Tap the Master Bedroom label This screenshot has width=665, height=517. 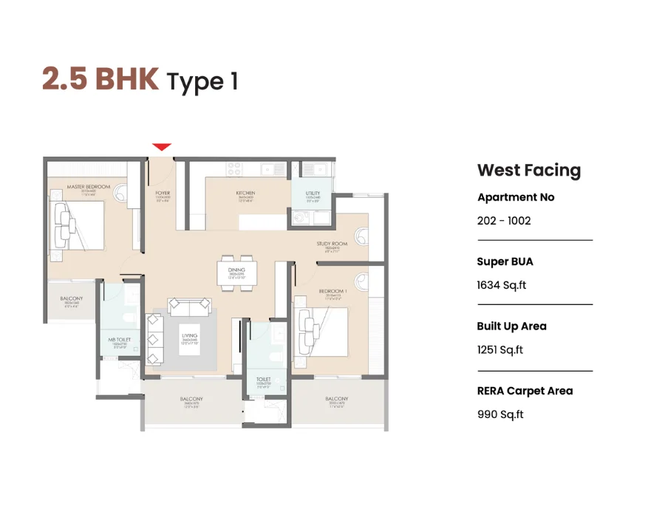tap(88, 187)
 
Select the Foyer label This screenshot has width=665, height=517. tap(163, 194)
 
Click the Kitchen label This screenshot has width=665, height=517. tap(245, 194)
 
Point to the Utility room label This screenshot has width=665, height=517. tap(313, 194)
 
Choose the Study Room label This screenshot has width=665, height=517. tap(332, 244)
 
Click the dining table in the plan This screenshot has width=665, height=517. tap(237, 273)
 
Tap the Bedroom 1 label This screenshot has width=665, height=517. tap(332, 291)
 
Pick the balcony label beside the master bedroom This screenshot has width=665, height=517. tap(72, 299)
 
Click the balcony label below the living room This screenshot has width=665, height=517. tap(191, 399)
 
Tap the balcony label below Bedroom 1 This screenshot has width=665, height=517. tap(336, 399)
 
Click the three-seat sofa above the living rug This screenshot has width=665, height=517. tap(190, 305)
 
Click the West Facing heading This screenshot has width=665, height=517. tap(529, 170)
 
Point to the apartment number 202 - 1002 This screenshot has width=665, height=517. tap(504, 220)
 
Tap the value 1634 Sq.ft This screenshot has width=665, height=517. tap(502, 285)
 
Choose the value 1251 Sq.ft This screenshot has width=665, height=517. tap(500, 349)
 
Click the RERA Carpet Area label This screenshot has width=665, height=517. tap(525, 391)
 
